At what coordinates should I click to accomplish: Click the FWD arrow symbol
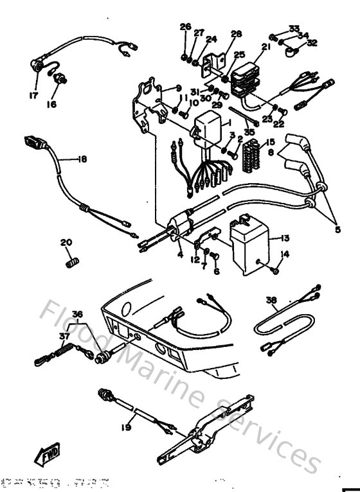(51, 457)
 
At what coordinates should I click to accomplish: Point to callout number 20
(65, 242)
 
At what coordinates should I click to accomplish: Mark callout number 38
(272, 299)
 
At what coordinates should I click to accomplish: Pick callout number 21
(266, 46)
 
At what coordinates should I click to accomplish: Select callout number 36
(78, 314)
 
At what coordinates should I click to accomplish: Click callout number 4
(180, 254)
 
